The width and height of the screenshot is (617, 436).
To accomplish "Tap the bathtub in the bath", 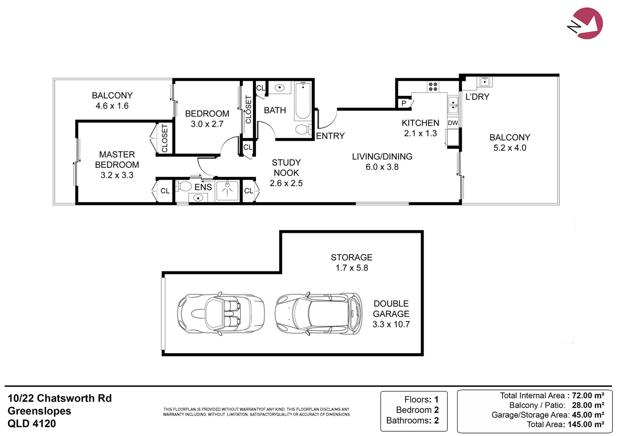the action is click(303, 101).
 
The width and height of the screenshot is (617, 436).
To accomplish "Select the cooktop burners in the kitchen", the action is click(433, 87).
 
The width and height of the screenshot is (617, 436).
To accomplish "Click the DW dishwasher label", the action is click(453, 123).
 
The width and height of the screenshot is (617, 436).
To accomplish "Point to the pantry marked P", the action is click(404, 103).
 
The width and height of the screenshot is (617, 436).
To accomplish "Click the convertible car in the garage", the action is click(221, 314).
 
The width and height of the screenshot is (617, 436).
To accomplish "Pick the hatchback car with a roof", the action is click(319, 314).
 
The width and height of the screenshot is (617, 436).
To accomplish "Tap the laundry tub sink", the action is click(485, 82).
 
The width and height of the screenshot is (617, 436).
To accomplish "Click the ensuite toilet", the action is click(184, 187).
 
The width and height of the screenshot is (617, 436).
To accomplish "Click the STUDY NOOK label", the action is click(286, 167).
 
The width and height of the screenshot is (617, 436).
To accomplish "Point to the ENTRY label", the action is click(330, 136).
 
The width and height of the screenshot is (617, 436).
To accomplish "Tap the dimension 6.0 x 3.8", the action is click(382, 167).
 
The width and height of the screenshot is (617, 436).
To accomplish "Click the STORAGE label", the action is click(352, 257).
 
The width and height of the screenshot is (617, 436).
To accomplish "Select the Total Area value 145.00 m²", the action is click(586, 424).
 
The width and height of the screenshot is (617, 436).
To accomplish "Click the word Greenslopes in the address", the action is click(39, 411).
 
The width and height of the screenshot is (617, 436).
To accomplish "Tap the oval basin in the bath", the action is click(280, 88).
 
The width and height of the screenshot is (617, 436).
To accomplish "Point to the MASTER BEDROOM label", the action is click(117, 159).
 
